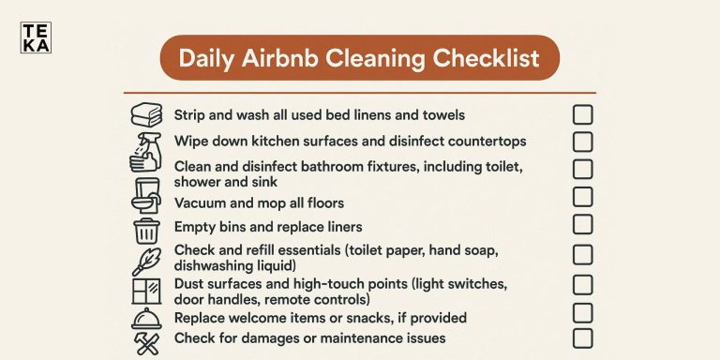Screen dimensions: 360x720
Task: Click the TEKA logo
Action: coord(35,37)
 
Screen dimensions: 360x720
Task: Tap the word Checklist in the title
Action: coord(486,59)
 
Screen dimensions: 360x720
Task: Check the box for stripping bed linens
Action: coord(582,114)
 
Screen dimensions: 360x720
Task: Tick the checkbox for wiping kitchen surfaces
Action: coord(582,142)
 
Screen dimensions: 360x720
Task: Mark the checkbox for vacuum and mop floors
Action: coord(582,197)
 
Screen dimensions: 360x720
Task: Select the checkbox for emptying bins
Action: coord(582,224)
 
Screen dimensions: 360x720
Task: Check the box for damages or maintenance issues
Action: coord(582,338)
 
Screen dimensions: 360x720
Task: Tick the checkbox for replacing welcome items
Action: coord(582,312)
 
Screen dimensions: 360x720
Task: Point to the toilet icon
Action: coord(146,195)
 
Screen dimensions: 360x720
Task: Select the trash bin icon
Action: coord(146,231)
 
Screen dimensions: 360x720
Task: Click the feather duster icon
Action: coord(146,261)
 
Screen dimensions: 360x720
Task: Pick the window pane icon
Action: coord(146,291)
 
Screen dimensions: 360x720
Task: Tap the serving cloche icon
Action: coord(146,320)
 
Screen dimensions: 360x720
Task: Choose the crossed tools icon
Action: coord(146,344)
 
